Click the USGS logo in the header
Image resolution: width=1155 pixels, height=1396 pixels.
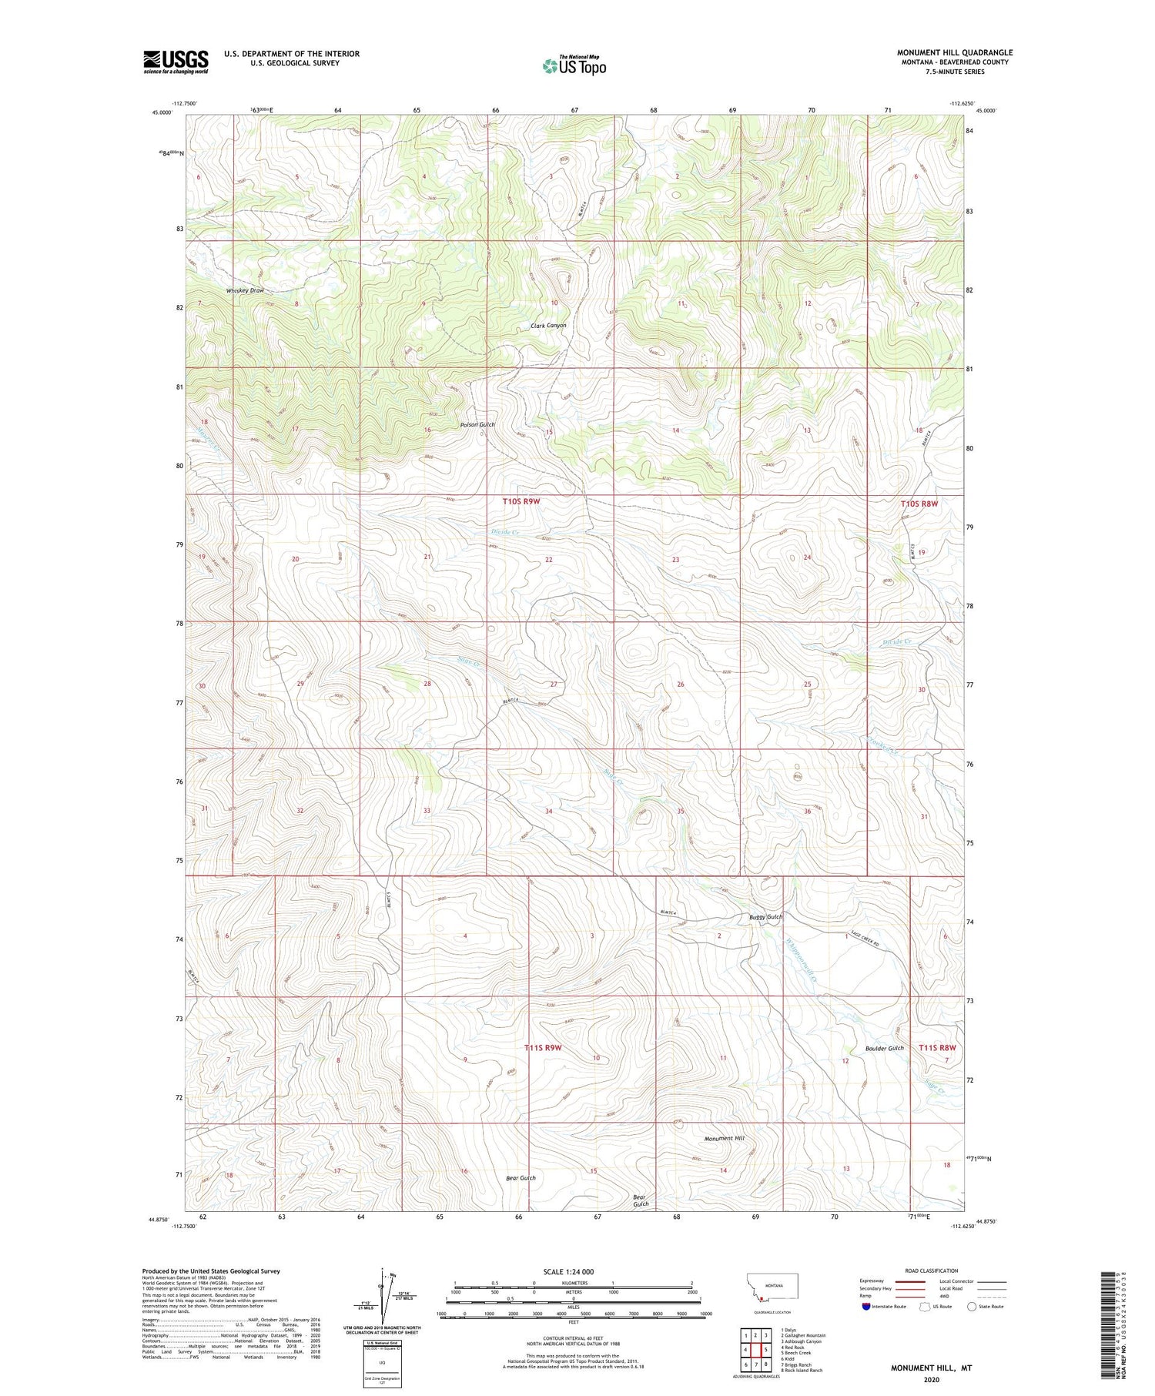[x=176, y=62]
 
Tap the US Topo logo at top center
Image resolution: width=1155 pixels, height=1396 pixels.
[x=574, y=65]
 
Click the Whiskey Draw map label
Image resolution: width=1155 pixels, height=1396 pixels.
[x=245, y=290]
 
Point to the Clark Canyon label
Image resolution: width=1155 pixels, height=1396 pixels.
[x=548, y=326]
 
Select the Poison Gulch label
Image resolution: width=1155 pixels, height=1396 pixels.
[x=477, y=424]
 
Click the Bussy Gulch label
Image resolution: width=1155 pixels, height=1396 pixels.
[x=765, y=917]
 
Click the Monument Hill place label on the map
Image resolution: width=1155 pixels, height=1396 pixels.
[x=724, y=1138]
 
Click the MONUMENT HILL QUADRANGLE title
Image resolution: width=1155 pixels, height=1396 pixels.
[x=954, y=52]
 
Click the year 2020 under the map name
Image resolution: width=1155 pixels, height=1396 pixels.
[x=931, y=1380]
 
